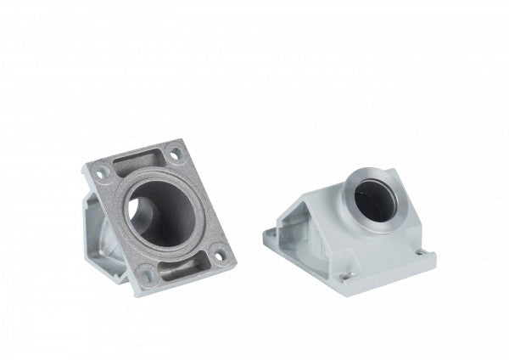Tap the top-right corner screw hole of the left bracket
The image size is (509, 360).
point(174,155)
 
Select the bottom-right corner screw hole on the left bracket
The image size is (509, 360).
point(219,252)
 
